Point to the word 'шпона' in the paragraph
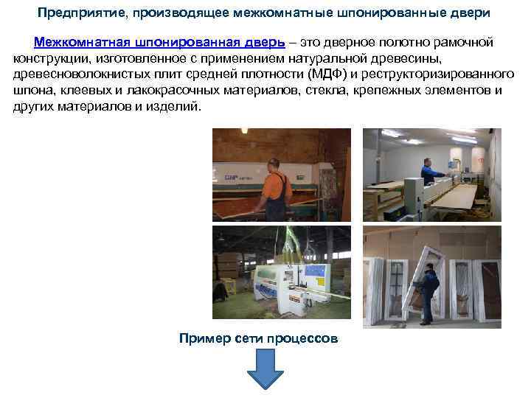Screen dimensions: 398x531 tap(33, 91)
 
